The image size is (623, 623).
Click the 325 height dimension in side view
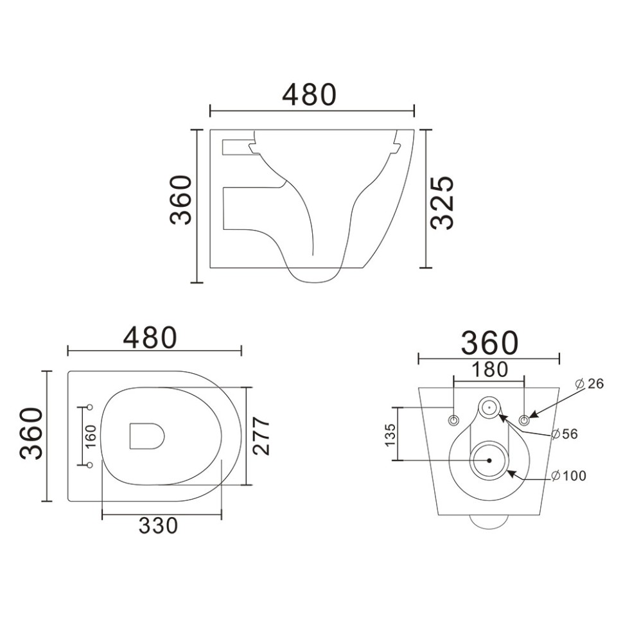(442, 202)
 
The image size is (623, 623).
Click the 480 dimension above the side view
(310, 95)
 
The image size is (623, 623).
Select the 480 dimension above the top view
(150, 338)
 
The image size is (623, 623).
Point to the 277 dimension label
(262, 436)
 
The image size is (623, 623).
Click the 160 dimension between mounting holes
(91, 435)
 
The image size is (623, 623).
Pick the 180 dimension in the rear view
(489, 369)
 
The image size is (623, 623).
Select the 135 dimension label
(390, 435)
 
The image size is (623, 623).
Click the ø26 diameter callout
(589, 383)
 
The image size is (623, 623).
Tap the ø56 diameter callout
(564, 434)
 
